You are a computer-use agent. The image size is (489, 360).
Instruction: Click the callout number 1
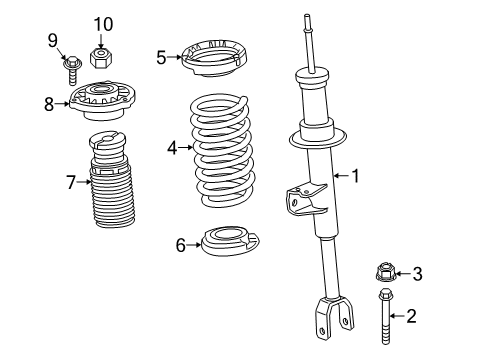(354, 176)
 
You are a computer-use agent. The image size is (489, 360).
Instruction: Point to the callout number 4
(172, 147)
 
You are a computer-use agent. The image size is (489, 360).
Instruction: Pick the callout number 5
(161, 57)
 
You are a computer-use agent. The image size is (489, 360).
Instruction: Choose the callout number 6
(181, 245)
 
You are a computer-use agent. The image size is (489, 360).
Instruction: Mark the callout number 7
(70, 181)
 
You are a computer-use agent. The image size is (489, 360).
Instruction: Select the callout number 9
(53, 40)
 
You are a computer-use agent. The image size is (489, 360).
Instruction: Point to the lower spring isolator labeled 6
(231, 243)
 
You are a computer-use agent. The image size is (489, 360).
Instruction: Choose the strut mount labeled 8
(103, 100)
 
